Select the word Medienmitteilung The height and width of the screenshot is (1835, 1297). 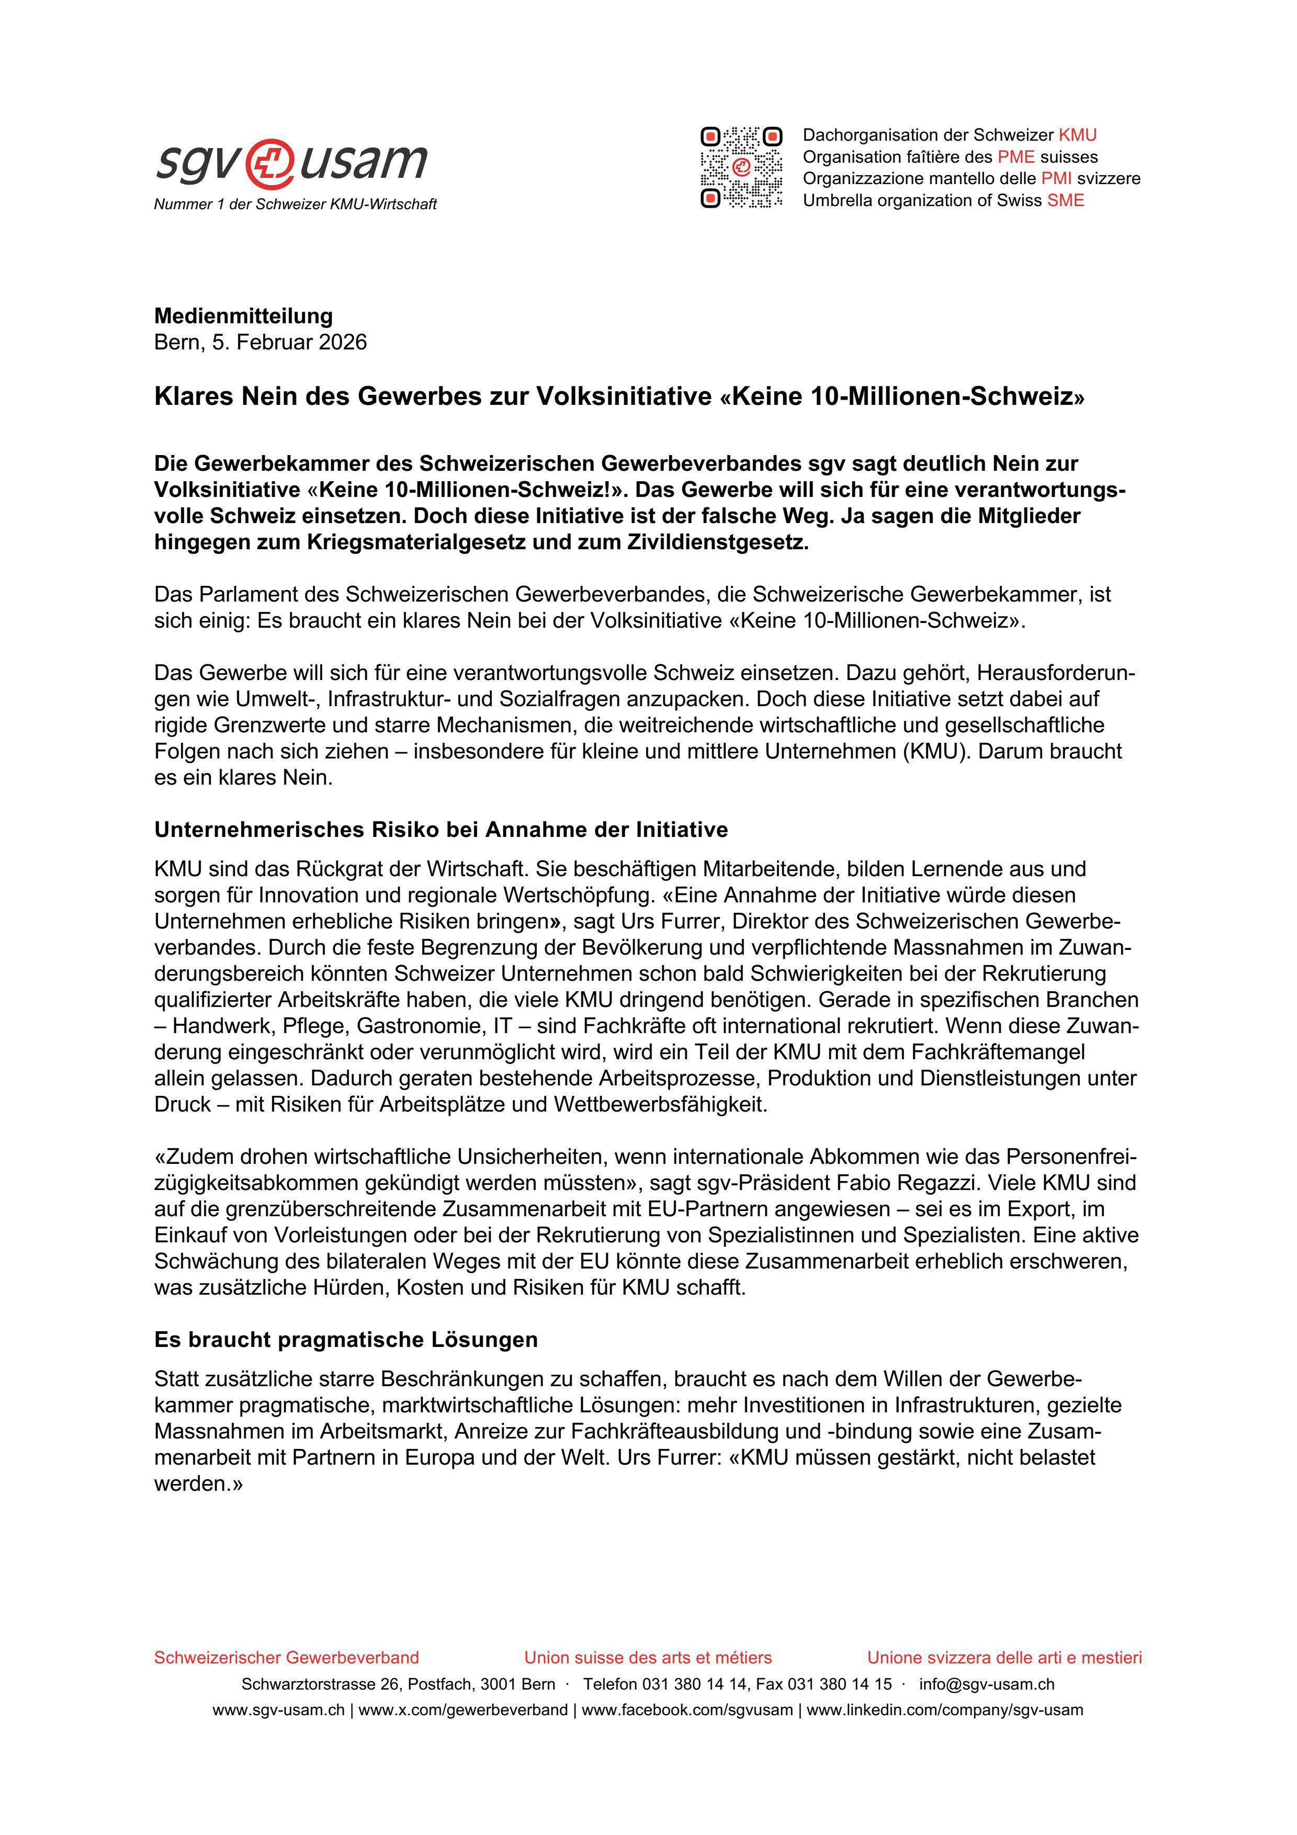pos(243,316)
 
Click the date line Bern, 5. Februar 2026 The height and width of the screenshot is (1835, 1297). pos(261,342)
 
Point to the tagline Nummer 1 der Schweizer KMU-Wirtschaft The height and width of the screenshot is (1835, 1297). pos(295,205)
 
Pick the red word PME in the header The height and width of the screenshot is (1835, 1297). pos(1016,156)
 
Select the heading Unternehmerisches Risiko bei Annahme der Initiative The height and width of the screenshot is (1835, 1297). pos(441,830)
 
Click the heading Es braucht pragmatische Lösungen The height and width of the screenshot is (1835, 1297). pos(345,1340)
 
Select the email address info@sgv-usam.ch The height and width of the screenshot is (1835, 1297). pos(986,1684)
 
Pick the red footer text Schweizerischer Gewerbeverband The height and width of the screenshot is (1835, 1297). pos(286,1658)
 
